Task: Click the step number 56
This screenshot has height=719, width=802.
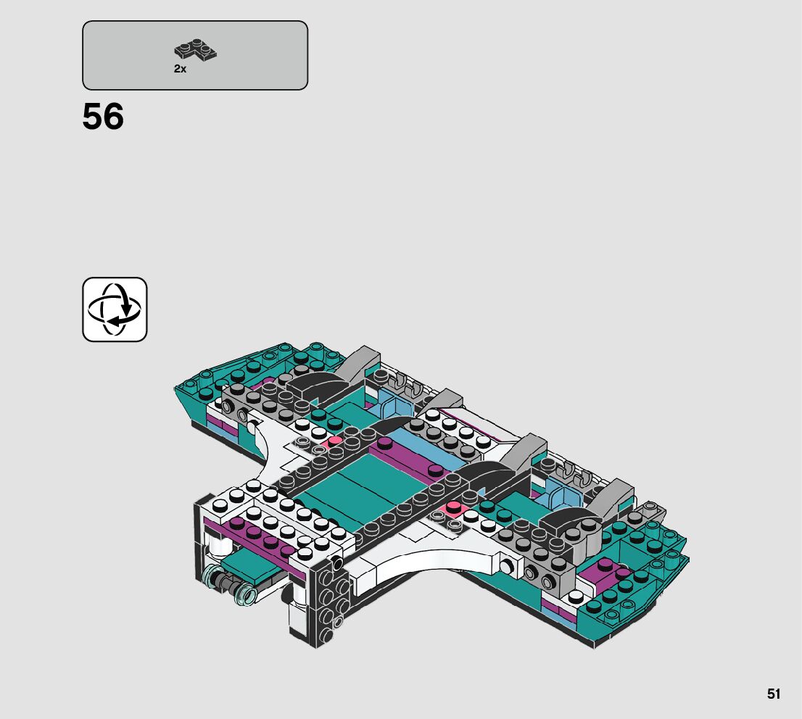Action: (x=103, y=117)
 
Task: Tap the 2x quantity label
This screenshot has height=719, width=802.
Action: (x=180, y=69)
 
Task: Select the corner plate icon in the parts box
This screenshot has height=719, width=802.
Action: (x=196, y=51)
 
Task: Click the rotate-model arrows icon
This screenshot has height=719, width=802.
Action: (x=115, y=309)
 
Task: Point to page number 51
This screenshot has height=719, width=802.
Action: (x=774, y=694)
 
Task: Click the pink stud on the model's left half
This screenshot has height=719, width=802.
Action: (x=335, y=441)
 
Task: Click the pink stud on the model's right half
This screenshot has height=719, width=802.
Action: (x=455, y=506)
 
